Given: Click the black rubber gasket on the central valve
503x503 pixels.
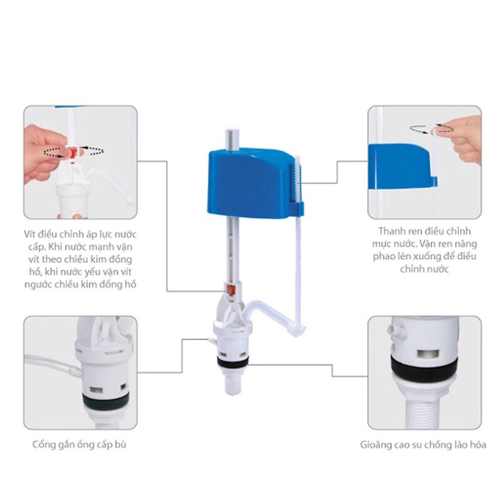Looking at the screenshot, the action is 233,362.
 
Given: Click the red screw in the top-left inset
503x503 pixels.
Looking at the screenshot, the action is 74,153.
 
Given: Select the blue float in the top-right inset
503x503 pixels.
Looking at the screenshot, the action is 401,167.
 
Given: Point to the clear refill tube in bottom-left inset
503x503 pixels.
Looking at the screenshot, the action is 53,365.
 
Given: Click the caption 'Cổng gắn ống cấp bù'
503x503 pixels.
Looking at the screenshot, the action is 79,445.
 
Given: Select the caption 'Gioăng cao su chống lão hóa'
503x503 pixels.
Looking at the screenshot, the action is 423,445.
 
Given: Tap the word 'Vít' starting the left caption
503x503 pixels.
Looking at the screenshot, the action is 30,234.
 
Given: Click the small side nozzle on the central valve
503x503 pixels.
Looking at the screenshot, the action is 211,340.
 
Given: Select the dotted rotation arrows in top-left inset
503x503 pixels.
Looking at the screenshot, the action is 74,152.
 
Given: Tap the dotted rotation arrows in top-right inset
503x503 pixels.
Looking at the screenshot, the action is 431,128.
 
